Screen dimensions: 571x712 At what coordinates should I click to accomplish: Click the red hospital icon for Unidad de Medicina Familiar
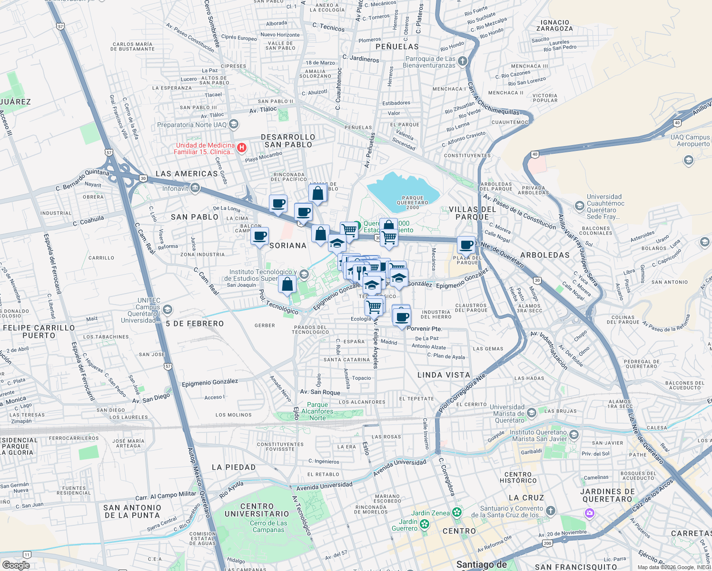click(x=242, y=148)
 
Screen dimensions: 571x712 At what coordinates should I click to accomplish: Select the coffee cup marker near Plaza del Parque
click(x=466, y=245)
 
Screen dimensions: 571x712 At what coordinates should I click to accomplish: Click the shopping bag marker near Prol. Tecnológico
click(x=287, y=285)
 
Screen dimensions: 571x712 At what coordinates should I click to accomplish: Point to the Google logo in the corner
click(x=16, y=565)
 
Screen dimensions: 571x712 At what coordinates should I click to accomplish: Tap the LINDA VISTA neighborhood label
click(x=444, y=375)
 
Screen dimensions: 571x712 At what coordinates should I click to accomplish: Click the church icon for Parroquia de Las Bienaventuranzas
click(x=463, y=61)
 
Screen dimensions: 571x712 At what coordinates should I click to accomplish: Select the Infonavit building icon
click(x=195, y=188)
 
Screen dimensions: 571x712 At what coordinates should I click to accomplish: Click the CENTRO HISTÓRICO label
click(x=518, y=477)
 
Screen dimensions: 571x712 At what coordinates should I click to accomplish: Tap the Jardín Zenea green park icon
click(x=457, y=512)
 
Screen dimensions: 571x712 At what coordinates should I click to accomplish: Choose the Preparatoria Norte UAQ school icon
click(x=233, y=125)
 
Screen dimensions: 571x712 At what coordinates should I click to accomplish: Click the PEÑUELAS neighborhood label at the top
click(x=397, y=47)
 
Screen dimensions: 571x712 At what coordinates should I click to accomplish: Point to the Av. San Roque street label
click(x=320, y=392)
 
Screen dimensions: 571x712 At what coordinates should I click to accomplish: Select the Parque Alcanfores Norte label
click(x=317, y=411)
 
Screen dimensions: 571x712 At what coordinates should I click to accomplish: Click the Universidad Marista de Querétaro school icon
click(x=532, y=413)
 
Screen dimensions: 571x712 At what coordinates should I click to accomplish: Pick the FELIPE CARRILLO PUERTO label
click(x=39, y=331)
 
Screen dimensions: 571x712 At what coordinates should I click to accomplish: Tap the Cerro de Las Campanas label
click(x=268, y=526)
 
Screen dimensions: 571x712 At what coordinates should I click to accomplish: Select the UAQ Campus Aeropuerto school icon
click(x=688, y=160)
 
